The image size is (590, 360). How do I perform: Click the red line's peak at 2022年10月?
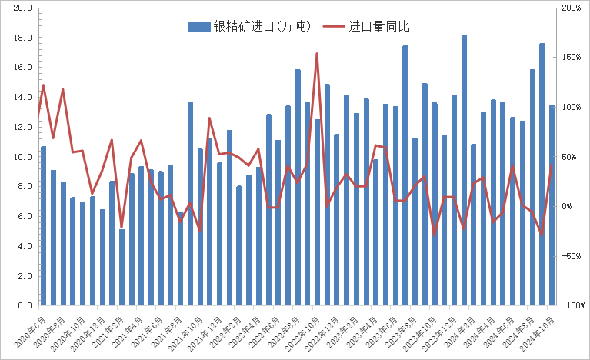pos(317,54)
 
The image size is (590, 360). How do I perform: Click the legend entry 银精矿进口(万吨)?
pos(250,26)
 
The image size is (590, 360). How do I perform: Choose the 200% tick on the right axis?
pos(572,8)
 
